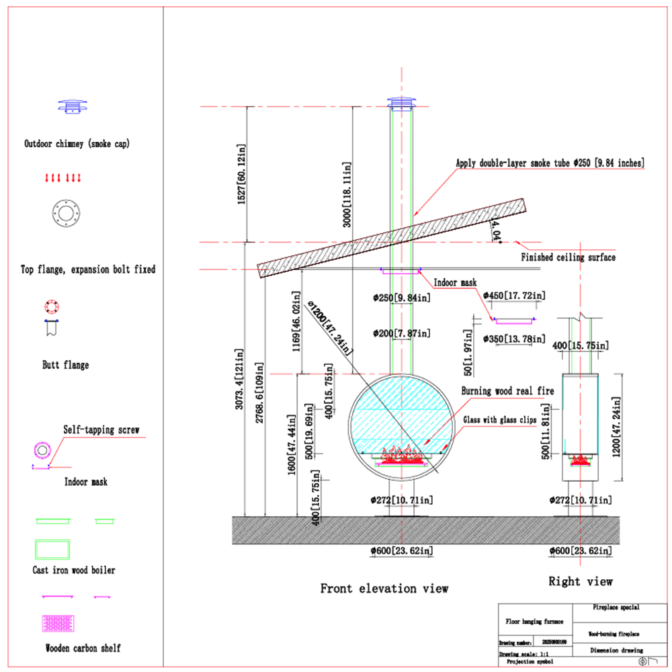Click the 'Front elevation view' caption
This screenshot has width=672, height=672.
click(x=384, y=589)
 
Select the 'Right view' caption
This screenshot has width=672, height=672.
click(x=581, y=581)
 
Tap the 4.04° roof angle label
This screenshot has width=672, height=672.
click(x=497, y=230)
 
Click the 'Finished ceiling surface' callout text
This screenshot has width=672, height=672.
click(x=568, y=257)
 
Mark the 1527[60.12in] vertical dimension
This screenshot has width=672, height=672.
click(x=241, y=174)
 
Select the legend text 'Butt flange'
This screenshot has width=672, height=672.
click(x=65, y=365)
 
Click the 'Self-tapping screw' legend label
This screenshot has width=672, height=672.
click(x=101, y=429)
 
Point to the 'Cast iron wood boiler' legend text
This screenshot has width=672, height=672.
click(x=74, y=570)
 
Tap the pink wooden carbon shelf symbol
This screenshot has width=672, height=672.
click(x=58, y=624)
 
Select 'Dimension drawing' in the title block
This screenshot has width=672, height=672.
click(x=616, y=650)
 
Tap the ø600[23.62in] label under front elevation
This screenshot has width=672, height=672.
click(x=401, y=550)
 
